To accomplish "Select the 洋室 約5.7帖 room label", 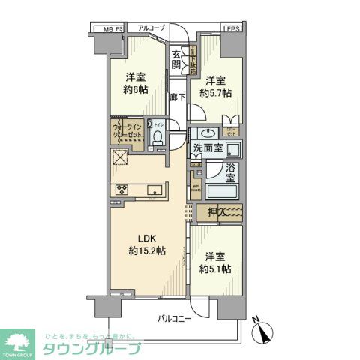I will (214, 87).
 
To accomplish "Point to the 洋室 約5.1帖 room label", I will (215, 262).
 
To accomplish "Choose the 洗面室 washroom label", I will (208, 148).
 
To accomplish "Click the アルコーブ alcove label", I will (151, 28).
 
